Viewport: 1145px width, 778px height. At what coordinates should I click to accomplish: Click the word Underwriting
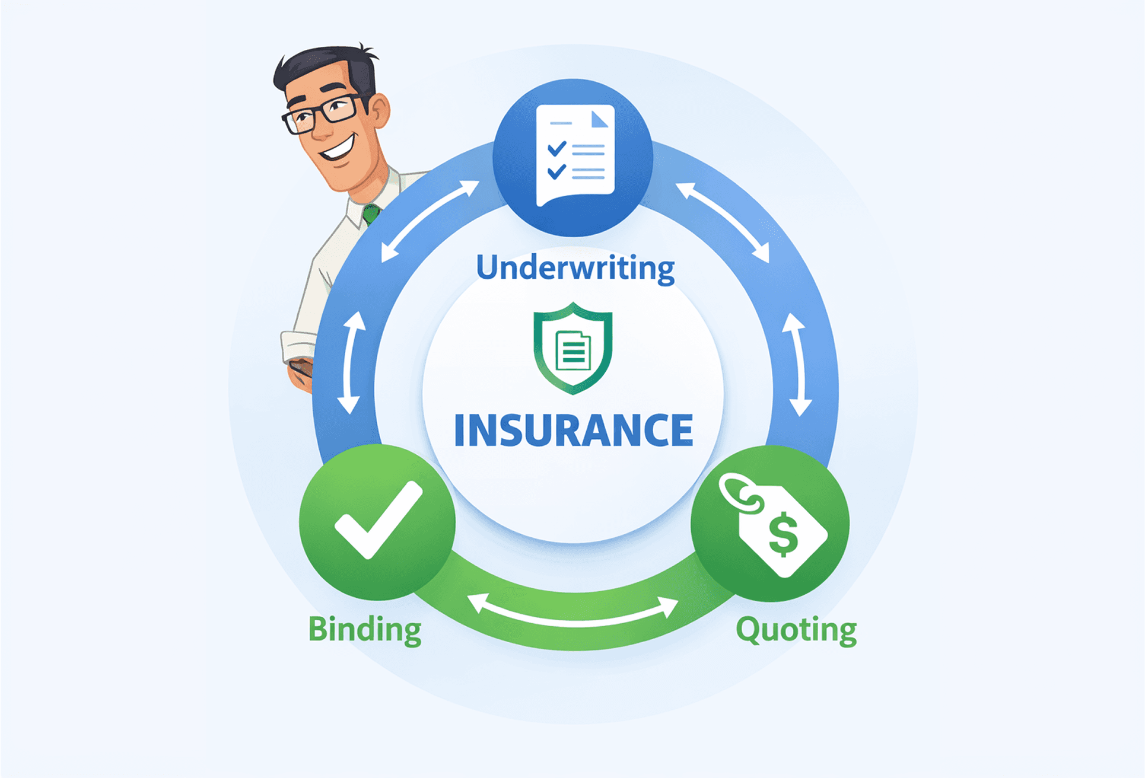pos(575,268)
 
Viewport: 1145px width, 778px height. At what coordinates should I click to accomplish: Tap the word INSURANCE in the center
pos(573,430)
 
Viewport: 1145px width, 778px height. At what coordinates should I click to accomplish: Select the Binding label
pos(364,629)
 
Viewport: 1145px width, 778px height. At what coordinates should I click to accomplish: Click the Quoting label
pos(796,630)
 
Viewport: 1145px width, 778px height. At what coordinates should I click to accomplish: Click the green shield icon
pos(572,348)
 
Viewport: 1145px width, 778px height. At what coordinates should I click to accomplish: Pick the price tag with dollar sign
pos(777,525)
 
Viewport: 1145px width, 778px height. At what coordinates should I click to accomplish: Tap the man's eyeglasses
pos(320,113)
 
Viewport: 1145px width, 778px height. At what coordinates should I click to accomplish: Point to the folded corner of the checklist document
pos(600,119)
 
